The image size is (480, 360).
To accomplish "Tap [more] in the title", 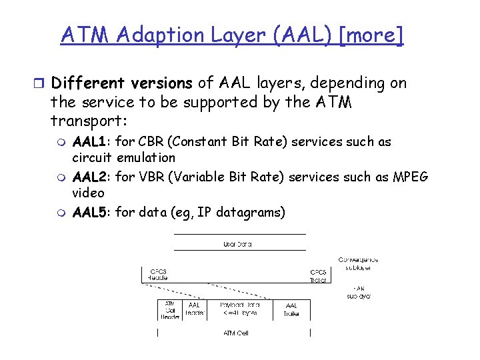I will point(371,35).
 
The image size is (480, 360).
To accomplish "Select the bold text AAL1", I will point(92,142).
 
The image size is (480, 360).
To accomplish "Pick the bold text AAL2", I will point(92,177).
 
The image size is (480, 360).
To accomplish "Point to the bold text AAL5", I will point(92,212).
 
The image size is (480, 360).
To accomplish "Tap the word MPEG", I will point(411,177).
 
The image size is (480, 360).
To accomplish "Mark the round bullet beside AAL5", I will point(61,213).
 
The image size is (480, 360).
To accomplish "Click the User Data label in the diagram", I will point(237,245).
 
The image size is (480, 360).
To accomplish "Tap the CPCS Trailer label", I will point(318,276).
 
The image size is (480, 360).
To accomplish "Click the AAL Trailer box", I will point(291,309).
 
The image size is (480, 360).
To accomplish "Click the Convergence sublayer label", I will point(358,264).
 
